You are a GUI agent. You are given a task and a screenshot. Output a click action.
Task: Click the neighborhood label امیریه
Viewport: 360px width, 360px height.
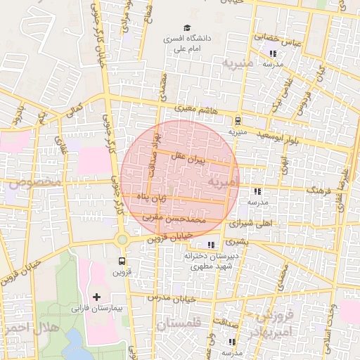coord(224,183)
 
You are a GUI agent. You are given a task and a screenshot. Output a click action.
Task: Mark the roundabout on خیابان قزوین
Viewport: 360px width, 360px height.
coord(122,240)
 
